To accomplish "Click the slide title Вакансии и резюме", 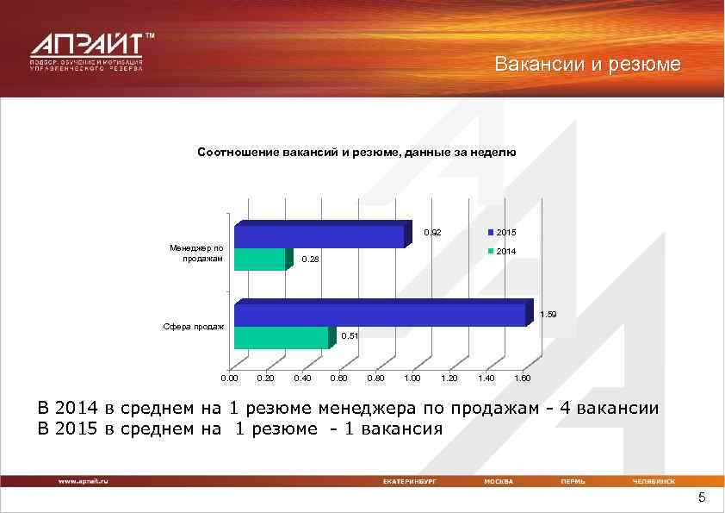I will tap(587, 65).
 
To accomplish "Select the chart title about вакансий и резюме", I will tap(356, 152).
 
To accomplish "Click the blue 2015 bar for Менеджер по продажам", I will tap(319, 236).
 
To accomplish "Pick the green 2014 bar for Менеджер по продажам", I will tap(259, 259).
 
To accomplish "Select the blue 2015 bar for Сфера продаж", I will tap(379, 314).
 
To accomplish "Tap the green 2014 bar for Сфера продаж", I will tap(281, 337).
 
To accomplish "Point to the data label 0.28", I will tap(309, 260).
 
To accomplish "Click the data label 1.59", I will tap(548, 315).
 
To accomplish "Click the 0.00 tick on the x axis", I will tap(229, 378).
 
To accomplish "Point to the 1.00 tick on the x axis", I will tap(412, 378).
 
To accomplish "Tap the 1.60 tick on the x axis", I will tap(521, 378).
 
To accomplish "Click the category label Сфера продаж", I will tap(194, 327).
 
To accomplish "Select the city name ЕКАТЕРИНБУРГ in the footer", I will tap(410, 481).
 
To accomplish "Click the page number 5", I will tap(701, 498).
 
